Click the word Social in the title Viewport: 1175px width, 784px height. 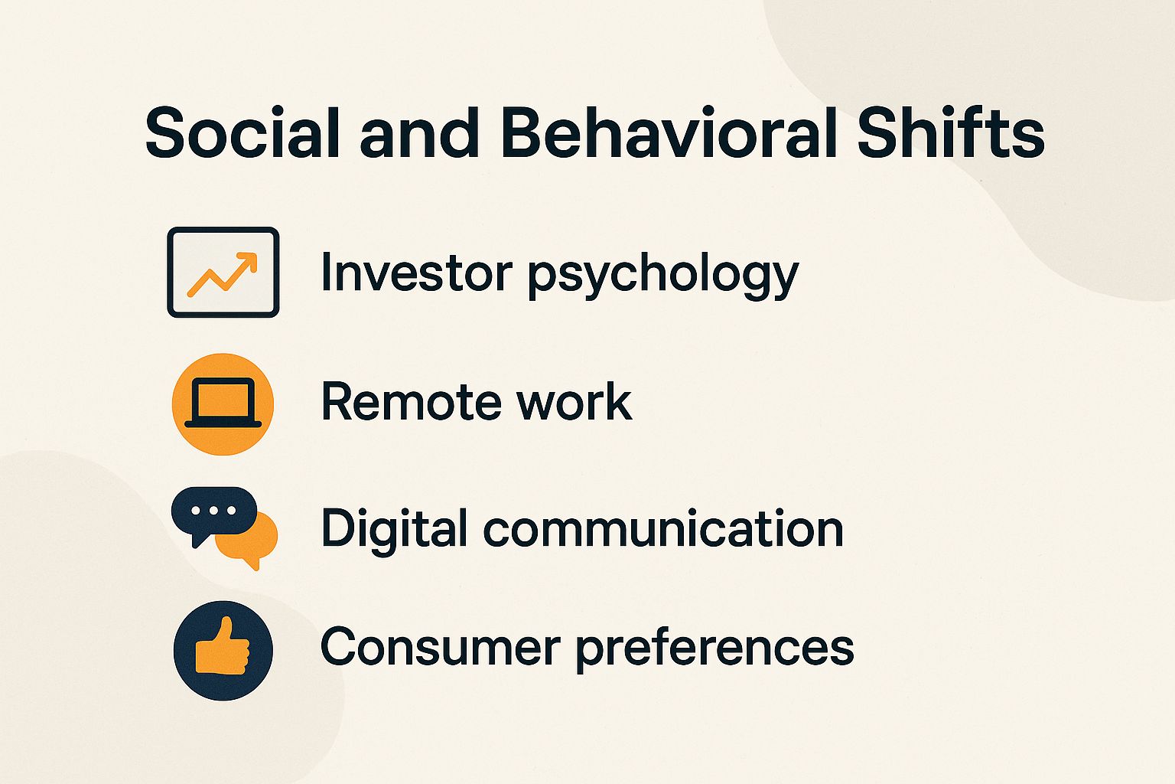pos(242,133)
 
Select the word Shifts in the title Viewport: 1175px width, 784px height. pos(950,133)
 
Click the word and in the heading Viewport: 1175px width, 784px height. pos(419,133)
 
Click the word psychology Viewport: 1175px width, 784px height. pos(663,275)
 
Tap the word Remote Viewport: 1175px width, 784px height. pos(410,402)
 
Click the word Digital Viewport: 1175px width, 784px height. pos(394,528)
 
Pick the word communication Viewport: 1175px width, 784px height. pos(663,529)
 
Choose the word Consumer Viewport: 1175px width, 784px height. pos(440,647)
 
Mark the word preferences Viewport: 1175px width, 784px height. pos(714,648)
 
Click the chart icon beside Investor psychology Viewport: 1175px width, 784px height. pos(223,272)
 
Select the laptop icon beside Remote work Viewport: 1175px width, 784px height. pos(223,403)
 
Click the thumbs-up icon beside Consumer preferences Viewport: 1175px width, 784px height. pos(223,650)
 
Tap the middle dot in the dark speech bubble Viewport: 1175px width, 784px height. pos(213,510)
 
